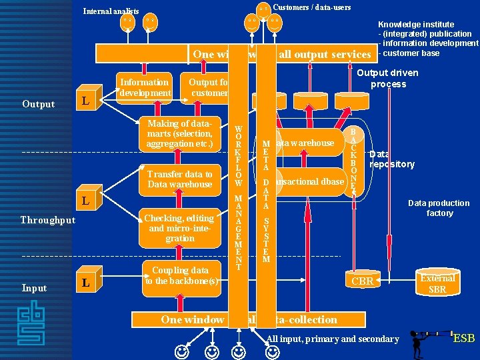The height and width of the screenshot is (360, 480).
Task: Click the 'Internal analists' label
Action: tap(111, 11)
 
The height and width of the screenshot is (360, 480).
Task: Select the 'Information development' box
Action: tap(145, 87)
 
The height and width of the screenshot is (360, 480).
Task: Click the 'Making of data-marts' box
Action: tap(179, 134)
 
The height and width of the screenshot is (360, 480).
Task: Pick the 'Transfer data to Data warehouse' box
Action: tap(179, 179)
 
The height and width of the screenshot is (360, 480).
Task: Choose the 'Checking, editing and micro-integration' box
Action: tap(179, 227)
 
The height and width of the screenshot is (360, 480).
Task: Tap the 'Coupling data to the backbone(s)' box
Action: tap(179, 275)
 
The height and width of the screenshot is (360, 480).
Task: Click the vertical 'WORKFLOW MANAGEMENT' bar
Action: tap(238, 193)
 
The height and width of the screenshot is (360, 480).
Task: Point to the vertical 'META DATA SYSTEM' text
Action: tap(265, 200)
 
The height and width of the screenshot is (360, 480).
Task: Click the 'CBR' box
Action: tap(362, 281)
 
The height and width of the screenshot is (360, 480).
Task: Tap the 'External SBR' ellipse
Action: tap(437, 283)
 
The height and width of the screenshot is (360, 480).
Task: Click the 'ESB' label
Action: tap(463, 338)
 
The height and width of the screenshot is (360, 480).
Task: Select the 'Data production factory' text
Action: tap(439, 208)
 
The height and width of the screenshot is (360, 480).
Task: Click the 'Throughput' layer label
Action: tap(47, 220)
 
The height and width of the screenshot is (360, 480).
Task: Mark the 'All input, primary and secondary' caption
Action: tap(332, 339)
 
